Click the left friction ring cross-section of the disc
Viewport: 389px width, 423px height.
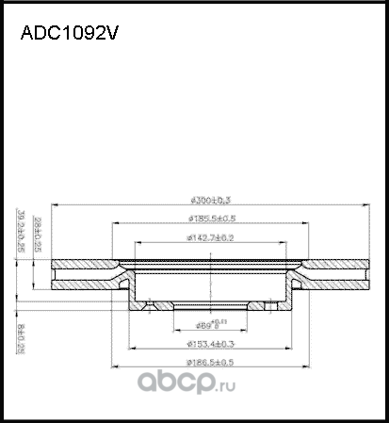pyautogui.click(x=85, y=275)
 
